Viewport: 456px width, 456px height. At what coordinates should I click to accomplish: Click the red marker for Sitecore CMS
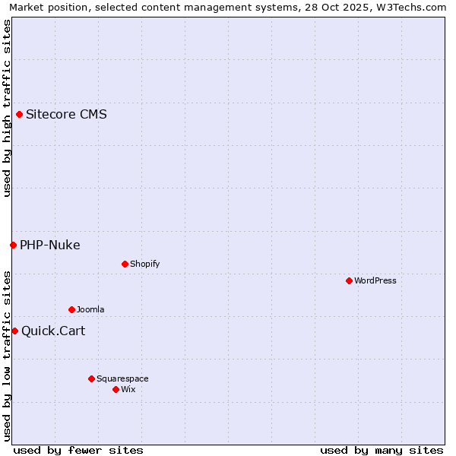click(19, 115)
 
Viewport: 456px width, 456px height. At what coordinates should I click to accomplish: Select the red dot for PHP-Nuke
click(13, 245)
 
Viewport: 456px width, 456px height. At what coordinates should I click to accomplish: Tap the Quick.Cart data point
click(14, 331)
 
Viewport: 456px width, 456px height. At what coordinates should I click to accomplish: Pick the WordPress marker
click(349, 280)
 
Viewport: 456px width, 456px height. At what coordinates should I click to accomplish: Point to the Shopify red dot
click(125, 264)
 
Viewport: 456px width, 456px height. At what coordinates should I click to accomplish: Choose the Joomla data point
click(71, 309)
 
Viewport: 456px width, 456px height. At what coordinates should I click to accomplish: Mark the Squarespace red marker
click(91, 378)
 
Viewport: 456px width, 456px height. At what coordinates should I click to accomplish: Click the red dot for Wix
click(116, 389)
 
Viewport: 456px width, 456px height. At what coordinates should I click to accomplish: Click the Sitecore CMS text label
click(66, 115)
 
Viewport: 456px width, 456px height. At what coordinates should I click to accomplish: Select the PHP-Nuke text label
click(50, 245)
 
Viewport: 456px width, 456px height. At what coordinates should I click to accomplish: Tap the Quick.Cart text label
click(53, 331)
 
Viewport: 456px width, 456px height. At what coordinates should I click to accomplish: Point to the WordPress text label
click(375, 280)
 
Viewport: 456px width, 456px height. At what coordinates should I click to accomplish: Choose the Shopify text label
click(145, 264)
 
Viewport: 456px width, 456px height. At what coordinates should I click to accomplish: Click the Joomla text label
click(90, 309)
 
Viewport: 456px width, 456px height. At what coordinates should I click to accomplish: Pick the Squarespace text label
click(122, 378)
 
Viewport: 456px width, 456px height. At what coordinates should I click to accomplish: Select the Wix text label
click(128, 389)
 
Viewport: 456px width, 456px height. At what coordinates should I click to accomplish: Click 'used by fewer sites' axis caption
click(78, 450)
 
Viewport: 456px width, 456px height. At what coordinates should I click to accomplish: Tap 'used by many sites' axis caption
click(382, 450)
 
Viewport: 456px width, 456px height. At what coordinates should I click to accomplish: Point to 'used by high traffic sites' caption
click(7, 108)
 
